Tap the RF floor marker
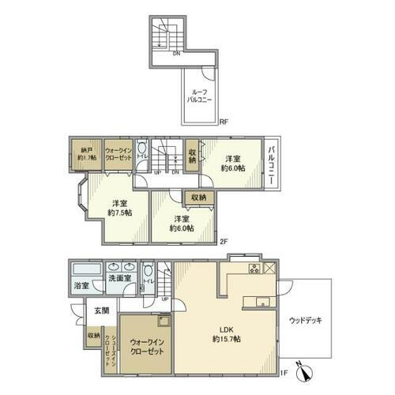click(224, 122)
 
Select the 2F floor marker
click(223, 242)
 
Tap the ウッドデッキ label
click(305, 320)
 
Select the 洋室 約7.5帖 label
click(120, 207)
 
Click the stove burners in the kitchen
click(255, 269)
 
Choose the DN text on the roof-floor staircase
click(176, 54)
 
